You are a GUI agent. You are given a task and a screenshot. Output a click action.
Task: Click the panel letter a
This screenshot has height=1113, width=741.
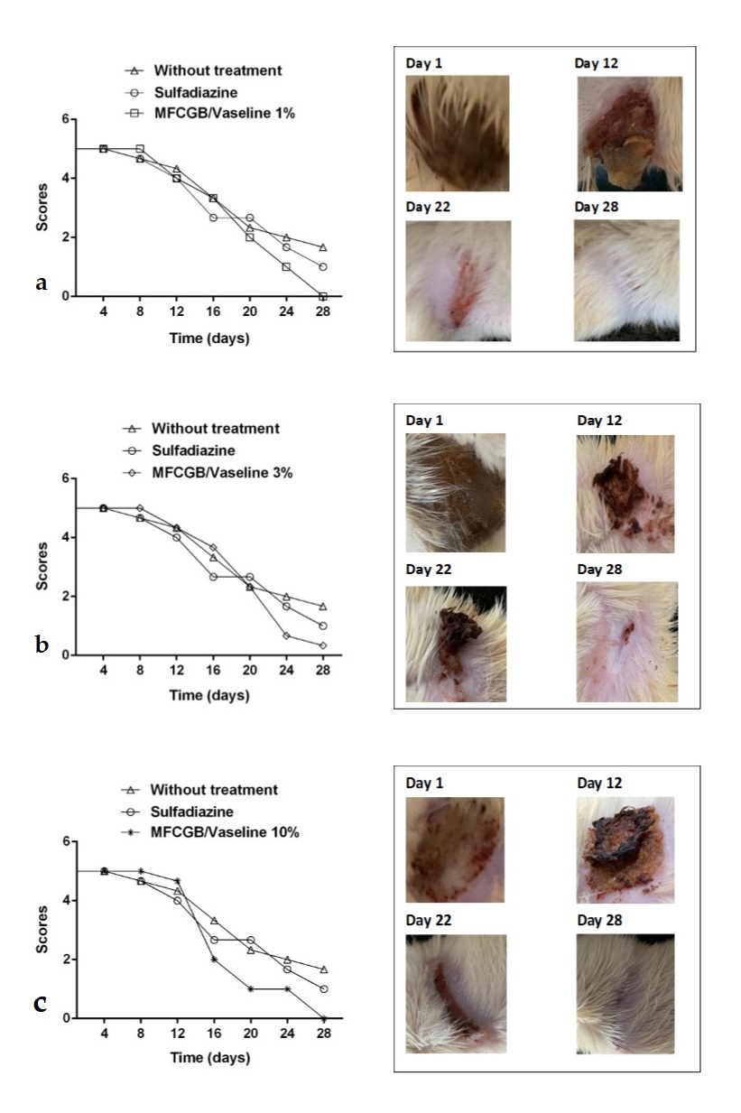(41, 283)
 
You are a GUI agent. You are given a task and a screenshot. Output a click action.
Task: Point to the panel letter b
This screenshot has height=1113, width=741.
(41, 644)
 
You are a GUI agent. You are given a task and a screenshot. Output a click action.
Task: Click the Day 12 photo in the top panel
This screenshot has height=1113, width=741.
(630, 134)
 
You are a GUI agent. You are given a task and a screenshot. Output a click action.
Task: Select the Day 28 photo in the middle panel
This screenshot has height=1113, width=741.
(626, 641)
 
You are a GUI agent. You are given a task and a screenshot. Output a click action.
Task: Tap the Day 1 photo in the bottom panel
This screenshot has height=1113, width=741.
(457, 849)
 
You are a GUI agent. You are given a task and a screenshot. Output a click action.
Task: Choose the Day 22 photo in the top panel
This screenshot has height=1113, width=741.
(459, 281)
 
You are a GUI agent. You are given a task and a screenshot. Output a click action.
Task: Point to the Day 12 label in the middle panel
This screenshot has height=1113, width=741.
(601, 421)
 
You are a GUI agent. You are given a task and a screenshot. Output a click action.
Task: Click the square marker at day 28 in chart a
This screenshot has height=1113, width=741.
(323, 296)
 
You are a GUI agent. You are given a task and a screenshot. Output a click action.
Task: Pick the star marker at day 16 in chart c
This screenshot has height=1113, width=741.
(213, 960)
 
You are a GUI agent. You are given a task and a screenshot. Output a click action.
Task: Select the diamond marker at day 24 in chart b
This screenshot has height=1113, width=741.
(286, 635)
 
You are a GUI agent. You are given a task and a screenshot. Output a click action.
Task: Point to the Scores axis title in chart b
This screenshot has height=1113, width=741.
(42, 566)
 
